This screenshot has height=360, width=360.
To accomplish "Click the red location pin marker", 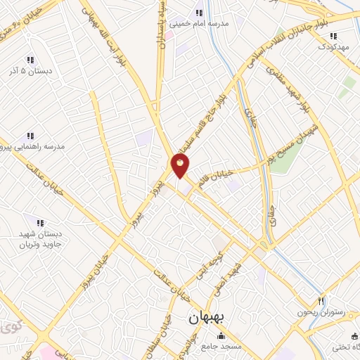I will coord(181,166).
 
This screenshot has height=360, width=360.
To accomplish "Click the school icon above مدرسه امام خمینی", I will coord(199,13).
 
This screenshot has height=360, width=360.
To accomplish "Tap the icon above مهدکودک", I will coord(333,35).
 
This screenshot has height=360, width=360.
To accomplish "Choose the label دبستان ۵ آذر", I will coord(29,71).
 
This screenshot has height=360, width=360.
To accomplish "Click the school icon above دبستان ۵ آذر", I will coord(29,60).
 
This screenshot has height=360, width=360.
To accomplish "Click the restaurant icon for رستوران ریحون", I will coord(322,300).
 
